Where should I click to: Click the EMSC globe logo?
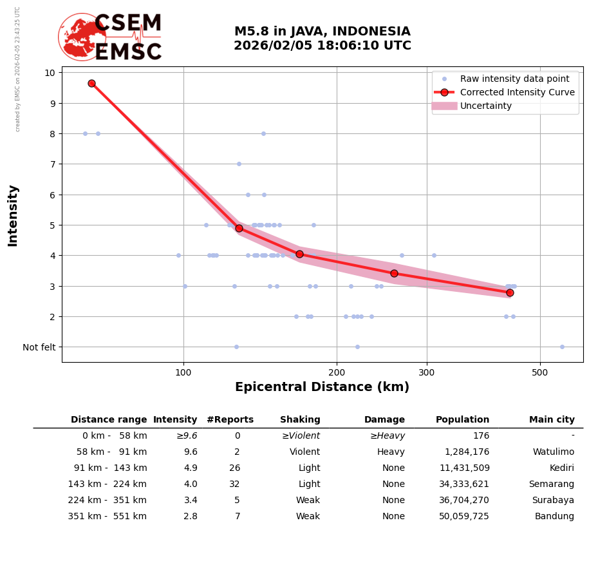pyautogui.click(x=82, y=37)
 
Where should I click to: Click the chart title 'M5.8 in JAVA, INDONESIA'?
pyautogui.click(x=322, y=32)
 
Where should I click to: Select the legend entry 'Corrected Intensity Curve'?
pyautogui.click(x=517, y=92)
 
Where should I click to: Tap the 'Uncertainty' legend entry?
pyautogui.click(x=485, y=106)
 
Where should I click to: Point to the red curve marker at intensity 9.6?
pyautogui.click(x=91, y=83)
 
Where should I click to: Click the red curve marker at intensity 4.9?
pyautogui.click(x=239, y=228)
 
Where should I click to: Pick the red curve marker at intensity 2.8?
pyautogui.click(x=510, y=292)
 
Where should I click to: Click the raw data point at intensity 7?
pyautogui.click(x=239, y=164)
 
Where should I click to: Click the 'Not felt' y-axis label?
pyautogui.click(x=39, y=347)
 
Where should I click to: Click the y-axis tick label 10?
pyautogui.click(x=49, y=72)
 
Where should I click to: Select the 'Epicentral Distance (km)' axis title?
pyautogui.click(x=322, y=387)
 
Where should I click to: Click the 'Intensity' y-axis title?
pyautogui.click(x=13, y=215)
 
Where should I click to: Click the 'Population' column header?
pyautogui.click(x=462, y=420)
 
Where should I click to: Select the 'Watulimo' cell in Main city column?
pyautogui.click(x=553, y=452)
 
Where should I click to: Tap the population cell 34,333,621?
pyautogui.click(x=462, y=484)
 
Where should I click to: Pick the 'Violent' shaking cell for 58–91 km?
pyautogui.click(x=304, y=452)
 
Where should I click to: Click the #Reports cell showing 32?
pyautogui.click(x=234, y=484)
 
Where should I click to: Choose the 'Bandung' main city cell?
pyautogui.click(x=557, y=517)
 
